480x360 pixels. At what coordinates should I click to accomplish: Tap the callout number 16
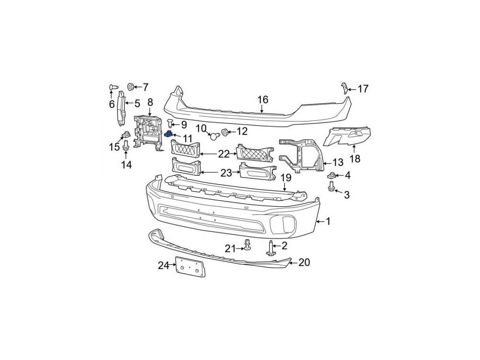pos(262,99)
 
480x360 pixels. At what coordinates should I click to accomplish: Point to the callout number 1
pos(328,221)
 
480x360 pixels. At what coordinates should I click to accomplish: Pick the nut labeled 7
pos(131,87)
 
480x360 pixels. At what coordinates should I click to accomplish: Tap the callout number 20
pos(304,262)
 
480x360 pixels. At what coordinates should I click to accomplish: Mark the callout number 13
pos(337,163)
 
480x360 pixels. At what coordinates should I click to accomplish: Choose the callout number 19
pos(286,178)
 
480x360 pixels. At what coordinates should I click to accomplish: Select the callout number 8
pos(150,102)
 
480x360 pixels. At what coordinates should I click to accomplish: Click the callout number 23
pos(226,173)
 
